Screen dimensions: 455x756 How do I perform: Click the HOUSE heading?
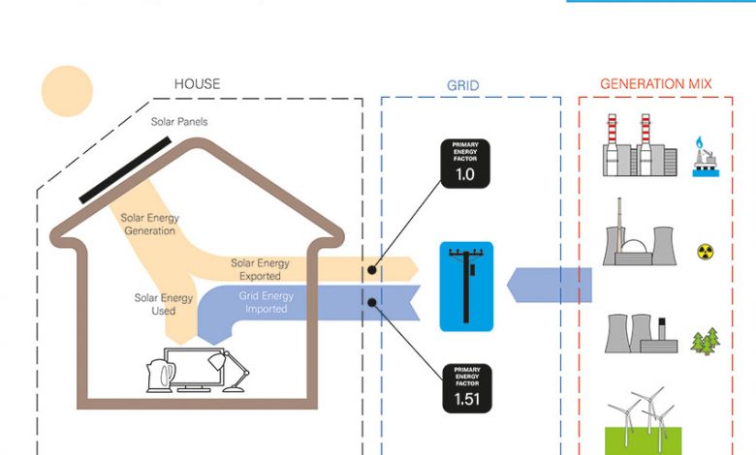[x=197, y=84]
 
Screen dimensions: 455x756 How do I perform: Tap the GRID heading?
[x=462, y=85]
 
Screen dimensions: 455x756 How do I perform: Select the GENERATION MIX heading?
[x=655, y=84]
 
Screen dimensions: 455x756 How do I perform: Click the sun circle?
[x=67, y=90]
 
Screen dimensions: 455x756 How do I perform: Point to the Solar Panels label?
[x=178, y=122]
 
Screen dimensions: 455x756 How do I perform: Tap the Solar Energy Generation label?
[x=149, y=225]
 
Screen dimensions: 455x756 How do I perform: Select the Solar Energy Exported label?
[x=260, y=269]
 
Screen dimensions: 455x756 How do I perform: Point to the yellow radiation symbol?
[x=706, y=253]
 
